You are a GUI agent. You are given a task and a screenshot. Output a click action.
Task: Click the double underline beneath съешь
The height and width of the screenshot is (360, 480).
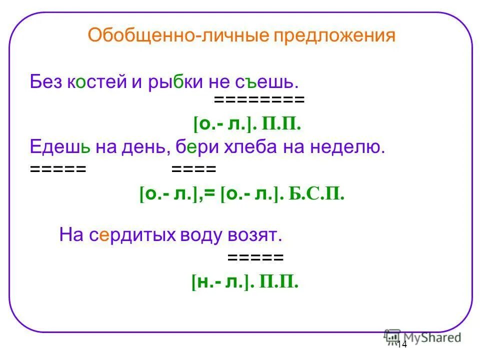(259, 100)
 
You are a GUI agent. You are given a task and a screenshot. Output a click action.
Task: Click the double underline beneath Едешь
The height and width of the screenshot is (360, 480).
(58, 169)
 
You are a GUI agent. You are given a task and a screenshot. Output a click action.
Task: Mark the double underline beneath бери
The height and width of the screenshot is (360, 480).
(193, 169)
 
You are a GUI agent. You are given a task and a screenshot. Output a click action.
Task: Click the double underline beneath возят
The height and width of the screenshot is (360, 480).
(255, 258)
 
